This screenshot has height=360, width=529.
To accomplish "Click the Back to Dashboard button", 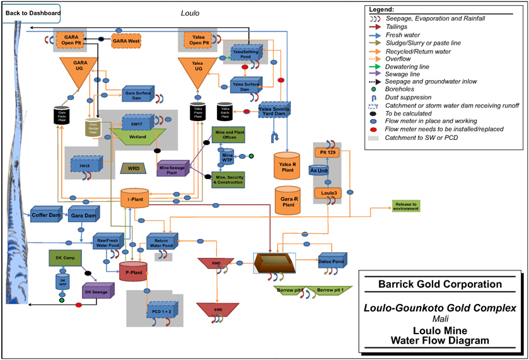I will (33, 13).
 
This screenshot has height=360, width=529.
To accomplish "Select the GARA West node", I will (126, 41).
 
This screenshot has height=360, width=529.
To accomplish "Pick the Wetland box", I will (137, 136).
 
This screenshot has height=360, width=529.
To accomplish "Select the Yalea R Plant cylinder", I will (288, 166).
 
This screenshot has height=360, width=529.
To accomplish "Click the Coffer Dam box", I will (44, 216).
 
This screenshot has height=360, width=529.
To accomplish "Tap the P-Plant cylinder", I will (132, 272).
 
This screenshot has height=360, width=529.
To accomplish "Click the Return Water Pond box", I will (161, 241).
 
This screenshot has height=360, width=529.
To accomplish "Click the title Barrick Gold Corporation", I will (439, 284).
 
